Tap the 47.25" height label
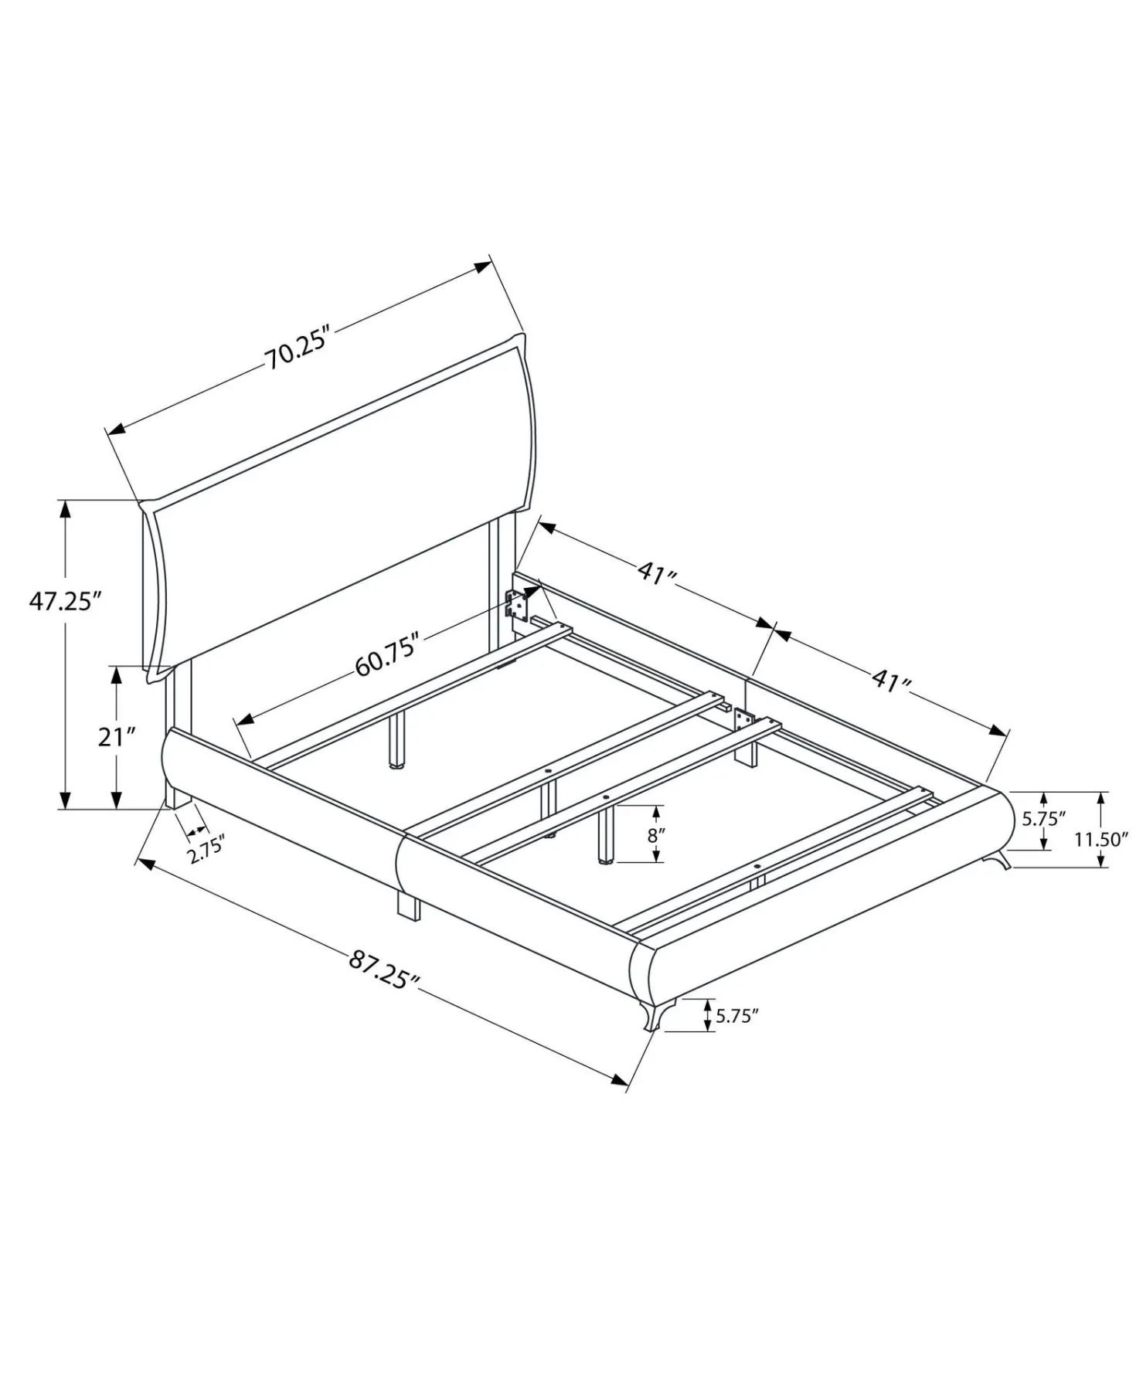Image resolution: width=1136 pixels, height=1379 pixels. pos(65,600)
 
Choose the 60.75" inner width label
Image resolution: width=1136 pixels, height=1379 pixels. pos(387,654)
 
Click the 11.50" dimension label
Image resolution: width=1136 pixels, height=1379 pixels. pos(1101,840)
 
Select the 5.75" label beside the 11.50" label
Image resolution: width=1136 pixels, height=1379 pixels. pos(1044,819)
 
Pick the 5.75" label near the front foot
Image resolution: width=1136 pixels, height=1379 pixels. pos(736,1016)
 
